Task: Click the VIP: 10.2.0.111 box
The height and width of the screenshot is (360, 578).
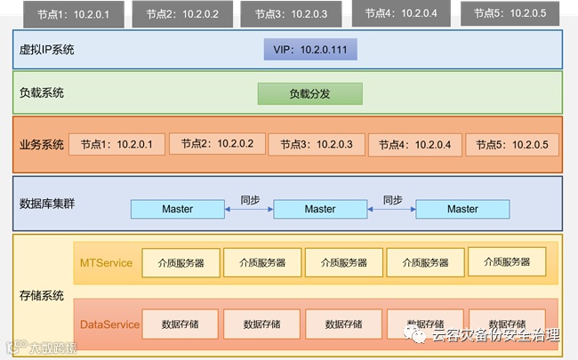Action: tap(309, 49)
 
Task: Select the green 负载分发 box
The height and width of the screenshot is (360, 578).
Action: tap(309, 93)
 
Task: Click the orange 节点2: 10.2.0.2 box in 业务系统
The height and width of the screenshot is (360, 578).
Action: tap(217, 144)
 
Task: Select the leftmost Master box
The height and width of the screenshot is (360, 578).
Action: tap(177, 209)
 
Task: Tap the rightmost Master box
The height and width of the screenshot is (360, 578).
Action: tap(462, 209)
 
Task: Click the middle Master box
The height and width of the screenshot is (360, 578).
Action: tap(320, 209)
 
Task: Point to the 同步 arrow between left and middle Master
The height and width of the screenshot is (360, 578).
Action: tap(248, 209)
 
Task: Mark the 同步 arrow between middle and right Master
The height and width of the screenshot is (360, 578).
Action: tap(392, 209)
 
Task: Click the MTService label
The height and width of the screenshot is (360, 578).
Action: tap(106, 262)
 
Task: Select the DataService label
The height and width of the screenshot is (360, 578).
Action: tap(109, 324)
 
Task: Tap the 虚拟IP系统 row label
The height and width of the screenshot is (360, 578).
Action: tap(46, 50)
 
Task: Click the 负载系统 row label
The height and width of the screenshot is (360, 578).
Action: tap(42, 93)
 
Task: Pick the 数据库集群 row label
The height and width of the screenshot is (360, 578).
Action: tap(47, 204)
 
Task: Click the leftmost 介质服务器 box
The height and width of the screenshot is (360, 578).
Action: tap(181, 263)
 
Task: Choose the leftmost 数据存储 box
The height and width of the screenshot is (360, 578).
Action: tap(181, 324)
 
